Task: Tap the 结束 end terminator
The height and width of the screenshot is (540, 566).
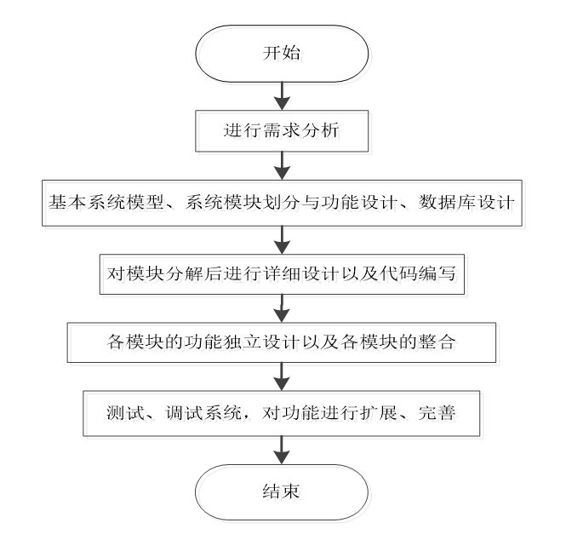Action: [282, 491]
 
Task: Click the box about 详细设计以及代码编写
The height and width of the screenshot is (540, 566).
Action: [282, 274]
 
